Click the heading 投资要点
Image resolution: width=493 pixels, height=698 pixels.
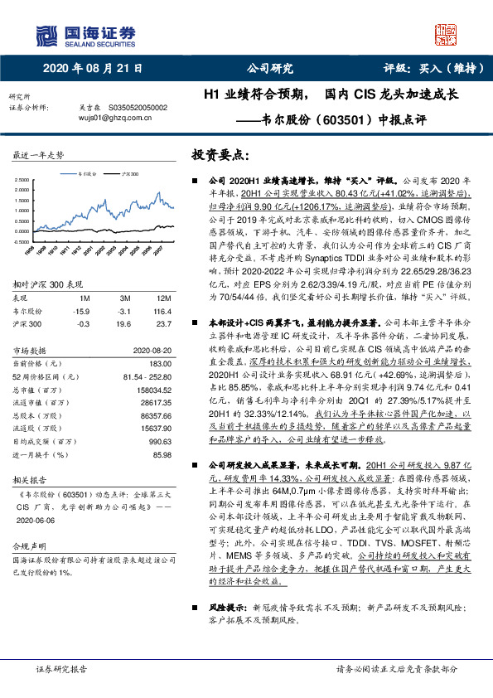pos(220,156)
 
